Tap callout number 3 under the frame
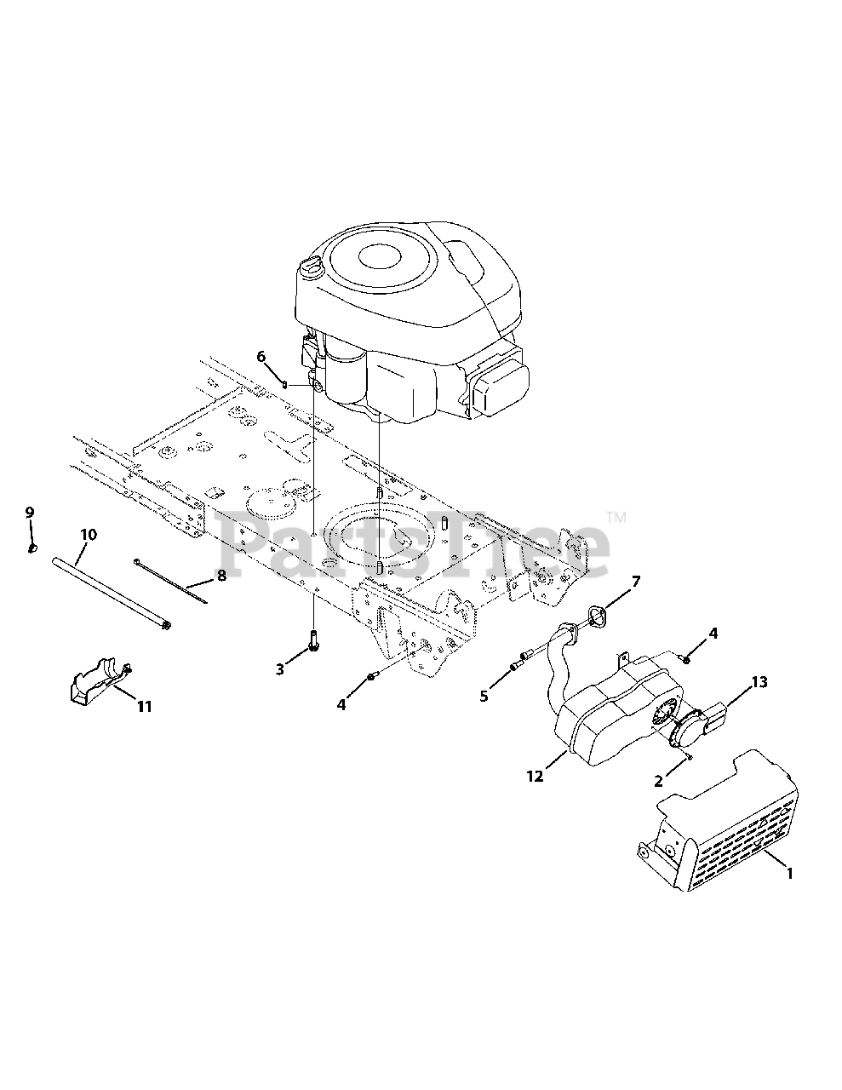280,669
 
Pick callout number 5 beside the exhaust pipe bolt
484,696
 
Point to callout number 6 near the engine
261,356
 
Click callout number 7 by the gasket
635,582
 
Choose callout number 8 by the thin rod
221,576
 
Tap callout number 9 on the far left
29,513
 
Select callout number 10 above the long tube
89,535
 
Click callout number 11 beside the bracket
145,706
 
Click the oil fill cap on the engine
311,268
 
